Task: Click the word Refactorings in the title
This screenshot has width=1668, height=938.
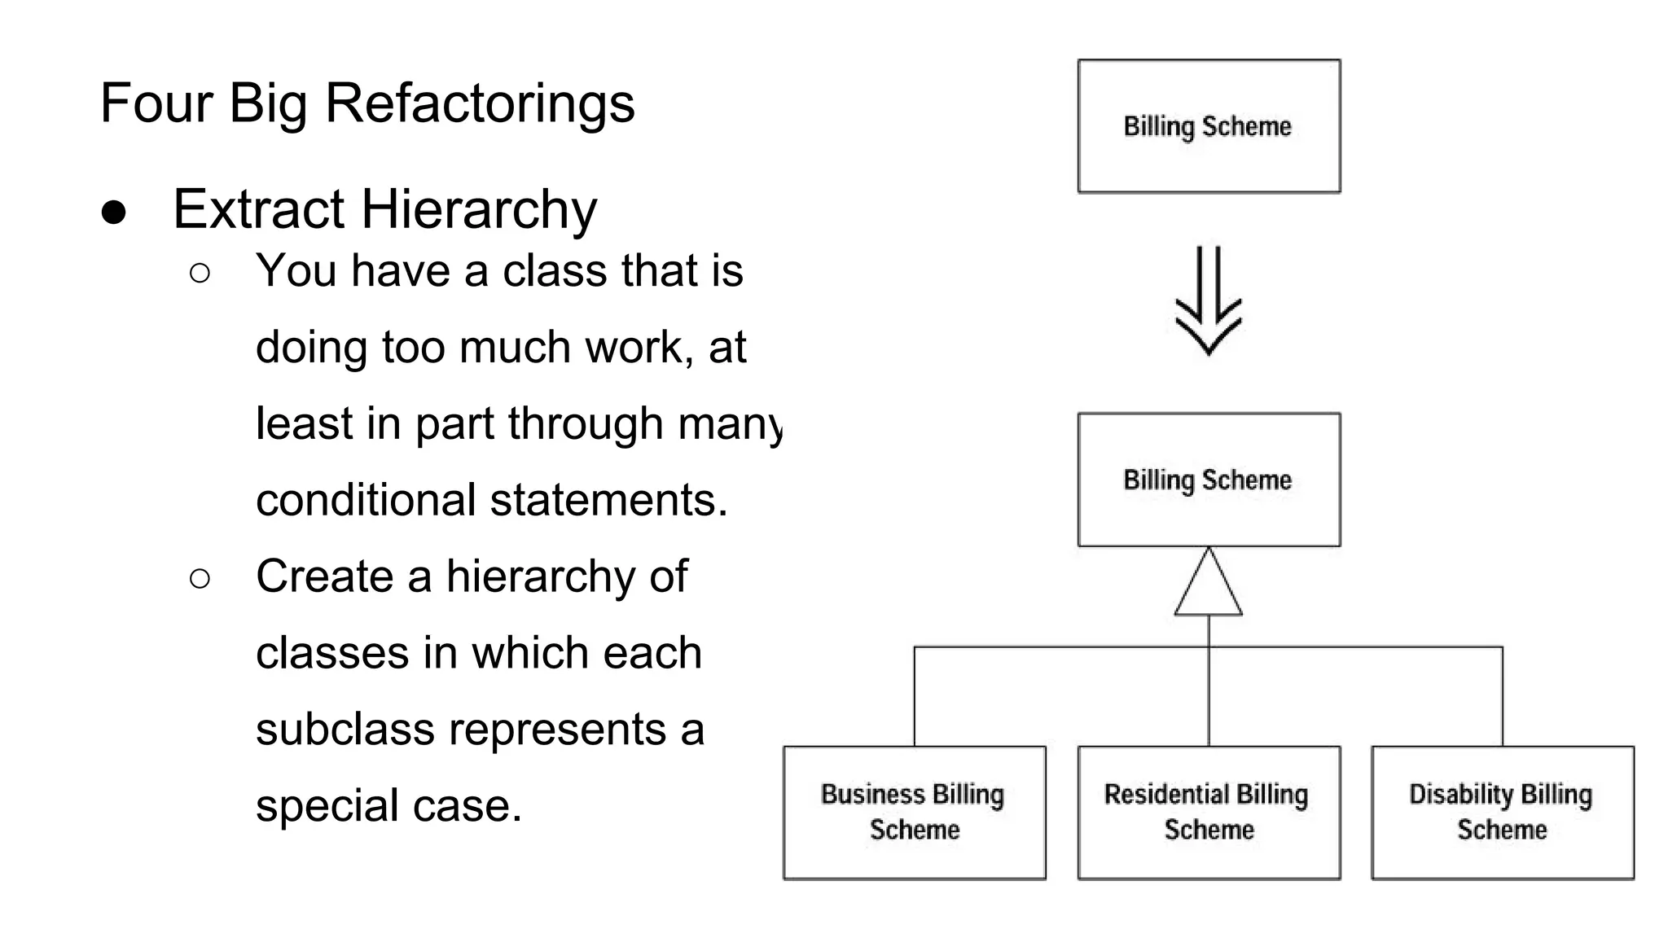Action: coord(480,103)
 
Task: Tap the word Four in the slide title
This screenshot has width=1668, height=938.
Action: coord(156,103)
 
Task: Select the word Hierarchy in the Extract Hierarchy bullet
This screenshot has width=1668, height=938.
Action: coord(479,210)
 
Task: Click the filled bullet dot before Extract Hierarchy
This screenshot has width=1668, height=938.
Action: coord(114,213)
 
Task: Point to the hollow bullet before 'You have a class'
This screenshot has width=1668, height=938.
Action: coord(200,273)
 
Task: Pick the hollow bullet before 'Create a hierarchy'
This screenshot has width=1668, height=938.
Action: coord(200,579)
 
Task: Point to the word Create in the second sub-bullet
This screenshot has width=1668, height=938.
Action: coord(324,576)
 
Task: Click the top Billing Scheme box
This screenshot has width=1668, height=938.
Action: coord(1209,126)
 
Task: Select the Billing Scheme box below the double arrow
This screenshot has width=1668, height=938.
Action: coord(1209,480)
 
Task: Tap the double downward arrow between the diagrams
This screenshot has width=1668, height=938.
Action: coord(1209,301)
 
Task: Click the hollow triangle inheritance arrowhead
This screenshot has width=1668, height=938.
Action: coord(1209,584)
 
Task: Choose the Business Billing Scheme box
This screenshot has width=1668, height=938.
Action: coord(915,813)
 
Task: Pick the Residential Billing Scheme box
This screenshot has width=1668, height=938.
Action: coord(1209,813)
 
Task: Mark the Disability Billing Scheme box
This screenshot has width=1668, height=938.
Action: coord(1503,813)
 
